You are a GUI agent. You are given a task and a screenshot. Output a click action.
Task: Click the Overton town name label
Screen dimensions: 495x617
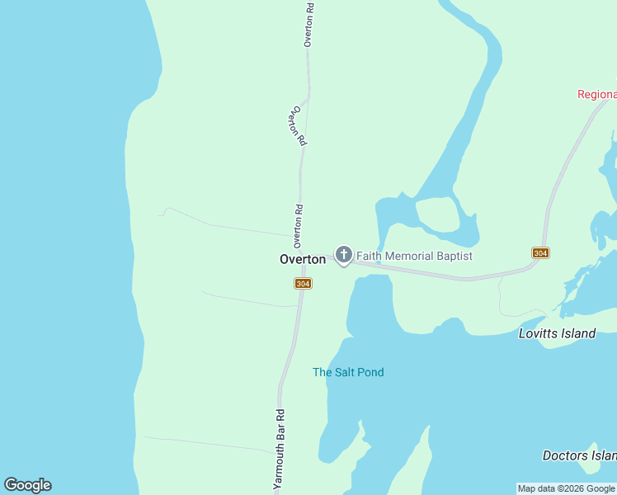pos(302,259)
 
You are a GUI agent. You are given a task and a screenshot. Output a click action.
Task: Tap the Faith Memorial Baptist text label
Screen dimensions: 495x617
pos(414,257)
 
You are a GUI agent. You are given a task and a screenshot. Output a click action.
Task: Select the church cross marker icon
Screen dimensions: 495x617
pos(343,254)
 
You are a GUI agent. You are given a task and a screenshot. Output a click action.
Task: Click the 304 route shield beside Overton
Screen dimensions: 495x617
pos(303,284)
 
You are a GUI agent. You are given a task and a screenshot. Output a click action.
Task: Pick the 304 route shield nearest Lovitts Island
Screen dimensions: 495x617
pos(540,252)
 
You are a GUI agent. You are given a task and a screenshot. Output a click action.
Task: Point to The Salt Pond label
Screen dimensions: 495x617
pos(348,372)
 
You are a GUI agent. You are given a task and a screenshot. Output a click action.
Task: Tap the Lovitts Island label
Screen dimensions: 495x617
pos(557,334)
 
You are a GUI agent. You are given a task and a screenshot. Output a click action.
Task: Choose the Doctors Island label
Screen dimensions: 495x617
pos(579,455)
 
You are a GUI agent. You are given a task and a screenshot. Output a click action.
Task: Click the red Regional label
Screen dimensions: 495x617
pos(596,94)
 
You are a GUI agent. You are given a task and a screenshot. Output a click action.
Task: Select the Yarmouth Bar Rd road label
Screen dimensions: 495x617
pos(280,450)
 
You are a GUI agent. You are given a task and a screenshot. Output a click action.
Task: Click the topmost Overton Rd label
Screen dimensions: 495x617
pos(308,25)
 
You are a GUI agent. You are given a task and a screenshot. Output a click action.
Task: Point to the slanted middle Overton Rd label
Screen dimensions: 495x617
pos(298,126)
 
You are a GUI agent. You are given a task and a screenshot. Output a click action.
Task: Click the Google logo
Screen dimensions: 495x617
pos(27,485)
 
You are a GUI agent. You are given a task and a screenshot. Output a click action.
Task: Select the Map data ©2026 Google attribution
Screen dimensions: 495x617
pos(567,488)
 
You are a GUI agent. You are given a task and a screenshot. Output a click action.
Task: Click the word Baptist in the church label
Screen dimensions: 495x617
pos(455,257)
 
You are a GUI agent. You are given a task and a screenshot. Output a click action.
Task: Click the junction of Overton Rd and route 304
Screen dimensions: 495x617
pos(303,252)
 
